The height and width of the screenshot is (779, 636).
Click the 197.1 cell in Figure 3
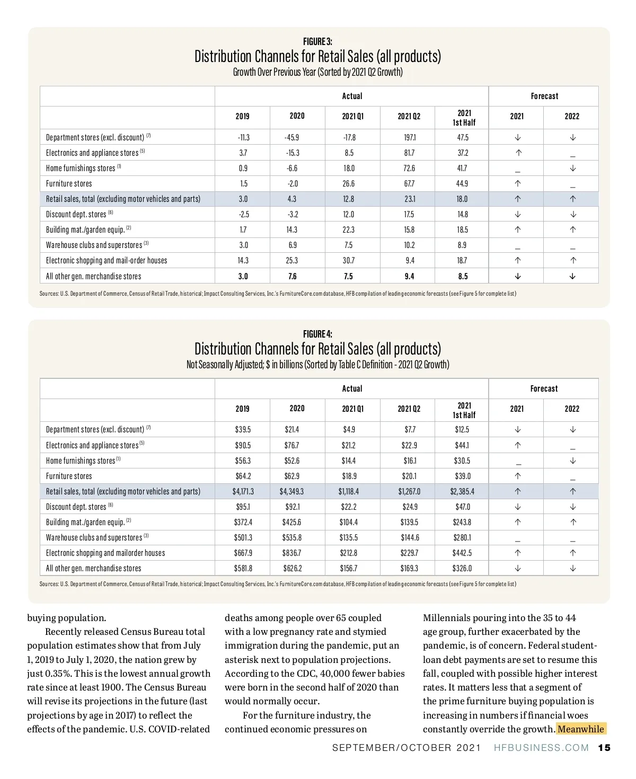[410, 137]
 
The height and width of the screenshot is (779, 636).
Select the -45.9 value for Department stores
[292, 137]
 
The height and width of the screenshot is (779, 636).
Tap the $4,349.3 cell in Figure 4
[291, 491]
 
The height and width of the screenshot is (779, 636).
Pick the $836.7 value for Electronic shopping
[291, 553]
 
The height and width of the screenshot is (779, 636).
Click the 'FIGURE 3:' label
[317, 41]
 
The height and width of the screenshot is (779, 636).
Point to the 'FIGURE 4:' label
[317, 334]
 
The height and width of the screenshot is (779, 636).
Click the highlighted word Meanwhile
[581, 729]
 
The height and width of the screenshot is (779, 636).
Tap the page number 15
[604, 748]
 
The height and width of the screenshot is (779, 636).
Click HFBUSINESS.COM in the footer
[541, 748]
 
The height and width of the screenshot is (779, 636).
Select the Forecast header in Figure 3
[544, 96]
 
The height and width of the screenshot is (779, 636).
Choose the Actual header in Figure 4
[352, 388]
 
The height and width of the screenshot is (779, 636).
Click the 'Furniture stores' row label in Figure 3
[69, 183]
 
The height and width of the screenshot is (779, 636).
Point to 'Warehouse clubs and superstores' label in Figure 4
[94, 537]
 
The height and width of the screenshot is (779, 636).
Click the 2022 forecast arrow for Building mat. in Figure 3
[572, 229]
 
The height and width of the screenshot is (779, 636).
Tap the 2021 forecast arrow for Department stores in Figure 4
[518, 429]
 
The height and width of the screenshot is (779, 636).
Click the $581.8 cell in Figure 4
[243, 568]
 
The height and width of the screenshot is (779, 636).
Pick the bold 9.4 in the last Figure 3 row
[410, 276]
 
